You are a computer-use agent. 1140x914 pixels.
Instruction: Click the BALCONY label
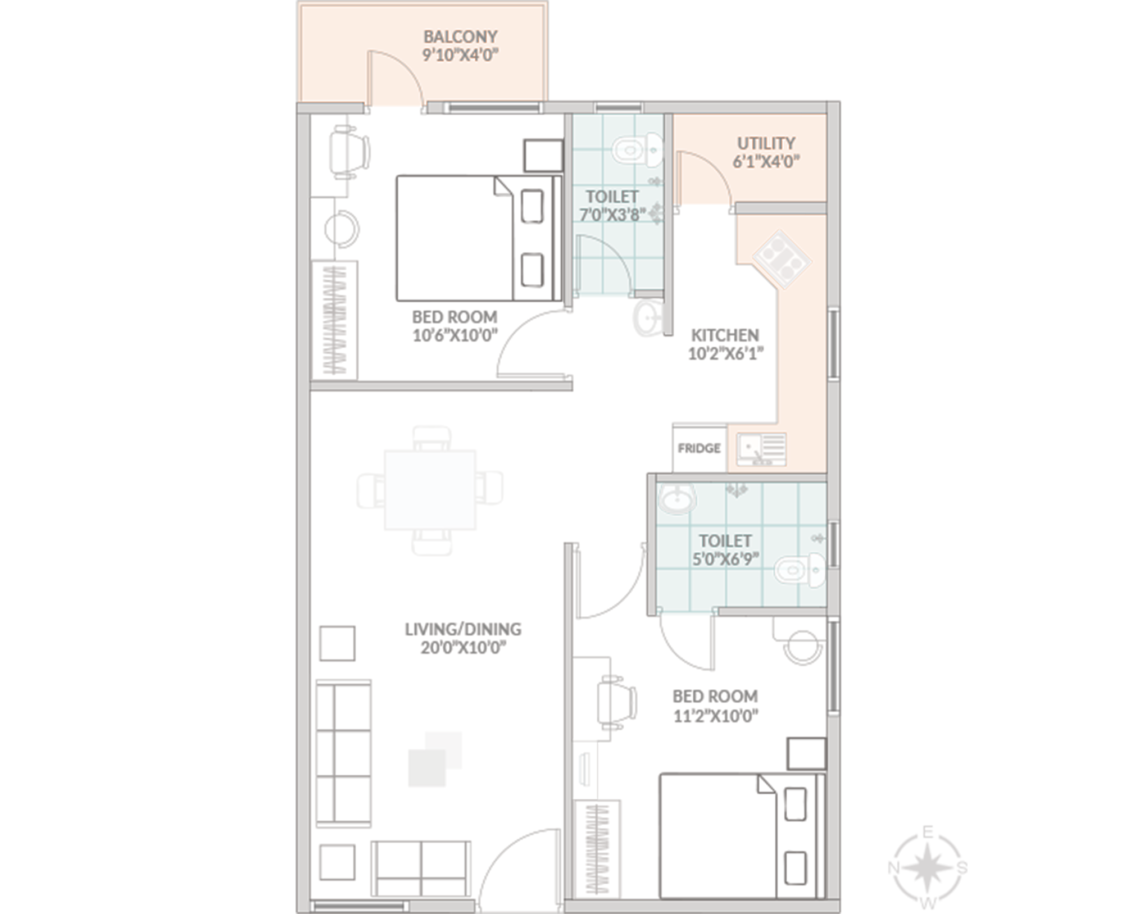(460, 37)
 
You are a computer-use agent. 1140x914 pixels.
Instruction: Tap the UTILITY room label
(766, 143)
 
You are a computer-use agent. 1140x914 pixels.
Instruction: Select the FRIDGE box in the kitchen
(700, 448)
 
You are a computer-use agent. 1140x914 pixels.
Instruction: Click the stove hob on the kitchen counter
(782, 260)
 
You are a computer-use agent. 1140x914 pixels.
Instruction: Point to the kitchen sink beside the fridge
(762, 449)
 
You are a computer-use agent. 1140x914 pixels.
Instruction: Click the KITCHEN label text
(725, 335)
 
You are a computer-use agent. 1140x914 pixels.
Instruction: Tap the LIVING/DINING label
(463, 629)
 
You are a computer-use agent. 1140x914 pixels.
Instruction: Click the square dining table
(430, 490)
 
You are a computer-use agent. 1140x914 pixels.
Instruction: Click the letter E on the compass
(928, 832)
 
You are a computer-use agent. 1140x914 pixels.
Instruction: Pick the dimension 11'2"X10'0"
(715, 716)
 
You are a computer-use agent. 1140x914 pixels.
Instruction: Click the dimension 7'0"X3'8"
(612, 215)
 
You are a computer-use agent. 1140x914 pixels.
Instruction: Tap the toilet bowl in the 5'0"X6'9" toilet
(800, 570)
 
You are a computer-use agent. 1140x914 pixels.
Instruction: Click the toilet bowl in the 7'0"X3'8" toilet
(637, 149)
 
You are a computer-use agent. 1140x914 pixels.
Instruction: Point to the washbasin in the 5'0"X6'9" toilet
(677, 499)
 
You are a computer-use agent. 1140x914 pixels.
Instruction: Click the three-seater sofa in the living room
(343, 753)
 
